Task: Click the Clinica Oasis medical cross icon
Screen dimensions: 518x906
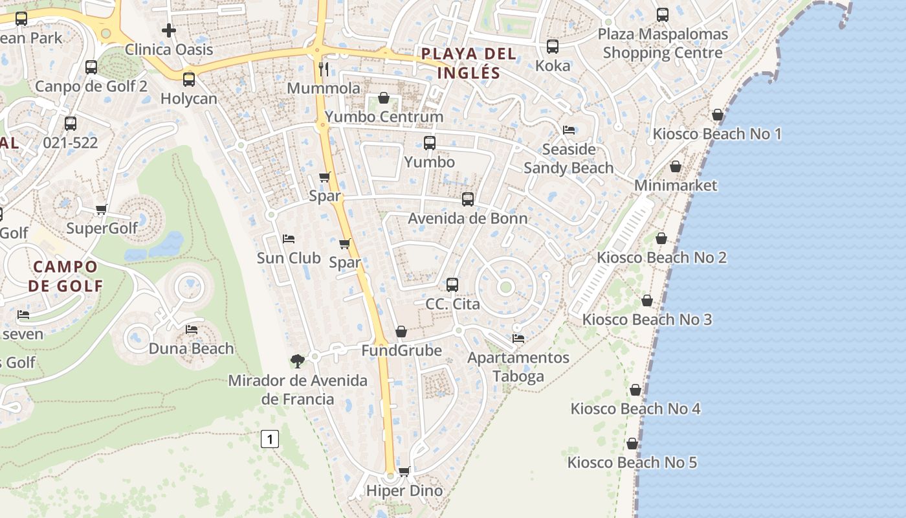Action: pyautogui.click(x=169, y=30)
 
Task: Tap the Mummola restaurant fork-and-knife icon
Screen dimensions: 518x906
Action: pyautogui.click(x=324, y=69)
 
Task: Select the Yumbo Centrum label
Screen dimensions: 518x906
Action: pyautogui.click(x=384, y=117)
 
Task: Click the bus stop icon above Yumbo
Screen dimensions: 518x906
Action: pyautogui.click(x=430, y=143)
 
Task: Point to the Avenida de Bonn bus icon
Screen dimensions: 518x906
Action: pyautogui.click(x=467, y=199)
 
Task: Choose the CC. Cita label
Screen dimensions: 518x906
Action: pyautogui.click(x=452, y=303)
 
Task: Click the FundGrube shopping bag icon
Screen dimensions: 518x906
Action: pyautogui.click(x=401, y=332)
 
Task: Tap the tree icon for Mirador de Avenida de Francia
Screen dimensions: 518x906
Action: pyautogui.click(x=298, y=361)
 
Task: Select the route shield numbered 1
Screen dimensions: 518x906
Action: pyautogui.click(x=270, y=439)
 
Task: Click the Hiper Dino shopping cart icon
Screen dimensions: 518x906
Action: pyautogui.click(x=404, y=471)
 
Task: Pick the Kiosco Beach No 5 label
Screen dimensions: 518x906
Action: pyautogui.click(x=632, y=462)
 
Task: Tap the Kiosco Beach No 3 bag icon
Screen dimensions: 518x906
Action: pyautogui.click(x=647, y=301)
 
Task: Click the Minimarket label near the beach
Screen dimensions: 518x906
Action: pyautogui.click(x=676, y=185)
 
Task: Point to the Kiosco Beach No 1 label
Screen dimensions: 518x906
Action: pyautogui.click(x=717, y=134)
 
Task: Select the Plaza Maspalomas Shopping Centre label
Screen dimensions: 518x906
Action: pyautogui.click(x=663, y=43)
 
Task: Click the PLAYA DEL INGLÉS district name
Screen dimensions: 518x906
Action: pyautogui.click(x=469, y=63)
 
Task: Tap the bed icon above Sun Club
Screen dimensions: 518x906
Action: pyautogui.click(x=289, y=239)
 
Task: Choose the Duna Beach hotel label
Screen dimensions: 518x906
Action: pyautogui.click(x=191, y=348)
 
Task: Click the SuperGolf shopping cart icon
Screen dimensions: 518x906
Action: pyautogui.click(x=102, y=209)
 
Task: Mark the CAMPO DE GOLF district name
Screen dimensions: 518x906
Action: pyautogui.click(x=65, y=276)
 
